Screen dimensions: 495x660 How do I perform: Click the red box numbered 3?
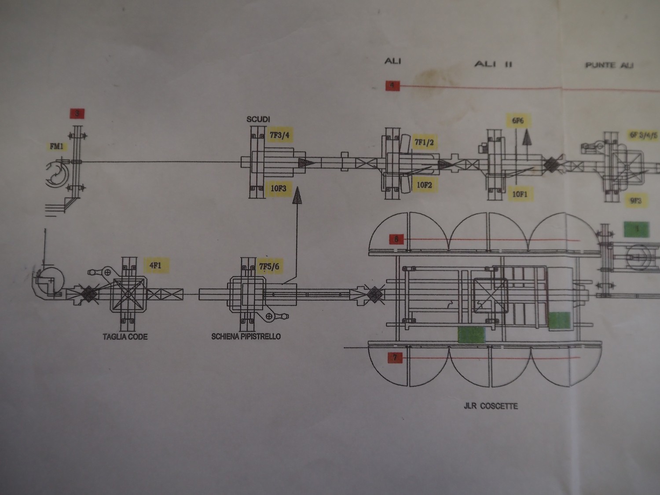click(x=77, y=114)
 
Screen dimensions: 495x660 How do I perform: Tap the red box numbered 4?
click(x=392, y=85)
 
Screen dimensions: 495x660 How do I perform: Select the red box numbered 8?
click(x=396, y=239)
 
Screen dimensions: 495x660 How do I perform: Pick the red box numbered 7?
click(x=395, y=358)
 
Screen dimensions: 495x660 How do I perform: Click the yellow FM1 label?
click(x=56, y=146)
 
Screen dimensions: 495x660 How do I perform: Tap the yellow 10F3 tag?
click(x=278, y=189)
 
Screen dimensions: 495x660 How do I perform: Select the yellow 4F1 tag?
click(x=155, y=265)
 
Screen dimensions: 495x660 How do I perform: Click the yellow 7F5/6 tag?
click(x=269, y=266)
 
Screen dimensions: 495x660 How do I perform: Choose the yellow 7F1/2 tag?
click(x=424, y=142)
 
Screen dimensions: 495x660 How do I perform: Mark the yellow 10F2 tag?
click(x=424, y=185)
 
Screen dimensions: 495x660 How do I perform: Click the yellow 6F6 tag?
click(x=518, y=120)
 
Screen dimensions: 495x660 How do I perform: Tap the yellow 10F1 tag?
click(x=520, y=194)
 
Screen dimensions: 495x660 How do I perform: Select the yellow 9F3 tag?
click(x=636, y=201)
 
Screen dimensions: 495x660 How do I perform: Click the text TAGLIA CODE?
click(x=125, y=337)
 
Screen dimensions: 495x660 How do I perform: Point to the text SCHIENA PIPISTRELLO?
click(x=246, y=337)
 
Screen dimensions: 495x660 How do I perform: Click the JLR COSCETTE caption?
click(x=491, y=406)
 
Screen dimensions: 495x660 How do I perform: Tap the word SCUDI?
click(x=258, y=119)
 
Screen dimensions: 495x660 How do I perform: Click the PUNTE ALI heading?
click(x=609, y=65)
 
